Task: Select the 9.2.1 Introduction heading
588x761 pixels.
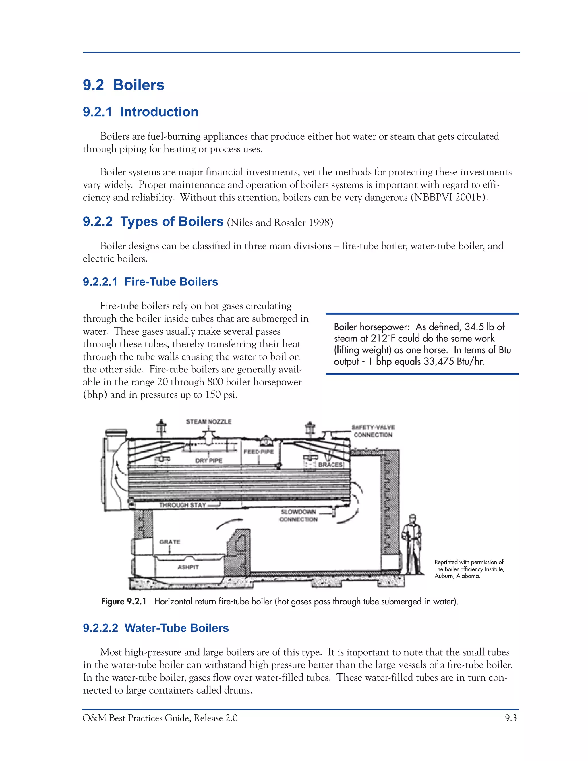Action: coord(140,112)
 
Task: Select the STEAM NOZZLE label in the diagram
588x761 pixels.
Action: coord(209,421)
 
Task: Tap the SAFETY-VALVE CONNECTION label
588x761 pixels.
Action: coord(373,431)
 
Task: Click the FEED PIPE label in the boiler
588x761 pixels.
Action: coord(258,452)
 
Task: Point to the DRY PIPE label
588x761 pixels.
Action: coord(208,461)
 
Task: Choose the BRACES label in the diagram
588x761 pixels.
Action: coord(330,464)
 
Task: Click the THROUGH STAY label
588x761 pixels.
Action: coord(183,505)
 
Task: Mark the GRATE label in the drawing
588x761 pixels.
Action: coord(170,542)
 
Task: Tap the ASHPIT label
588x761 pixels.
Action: coord(188,567)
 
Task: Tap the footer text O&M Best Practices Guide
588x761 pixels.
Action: coord(137,718)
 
